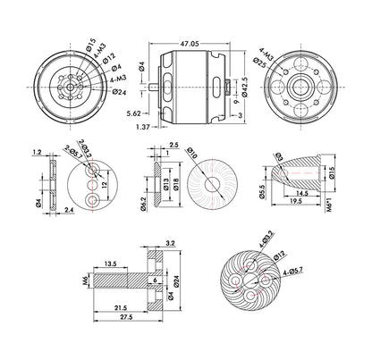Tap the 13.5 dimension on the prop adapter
coord(109,264)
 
